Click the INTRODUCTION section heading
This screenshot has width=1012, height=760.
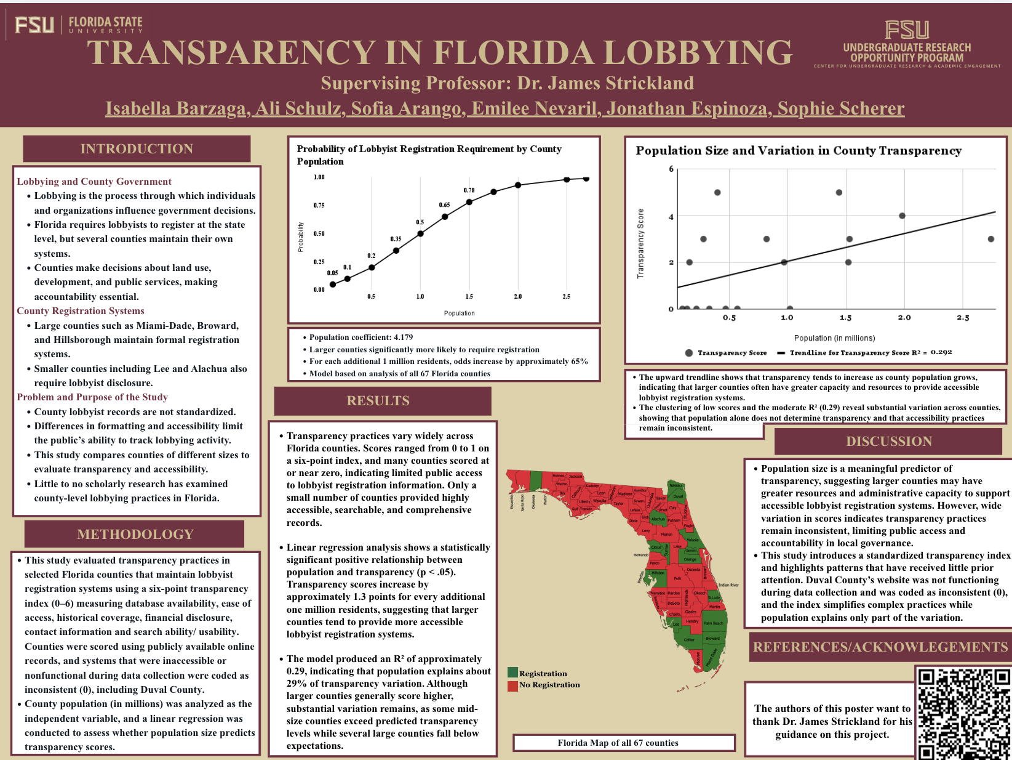(137, 149)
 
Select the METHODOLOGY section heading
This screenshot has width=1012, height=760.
(135, 535)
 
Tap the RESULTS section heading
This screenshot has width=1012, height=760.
(378, 401)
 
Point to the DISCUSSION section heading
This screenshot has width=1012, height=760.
(889, 442)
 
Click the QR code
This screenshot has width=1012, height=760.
(963, 713)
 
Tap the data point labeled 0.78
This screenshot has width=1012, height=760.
(469, 202)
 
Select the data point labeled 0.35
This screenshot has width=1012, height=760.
(396, 251)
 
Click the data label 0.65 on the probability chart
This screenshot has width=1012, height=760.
(444, 205)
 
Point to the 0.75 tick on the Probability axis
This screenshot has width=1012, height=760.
(319, 206)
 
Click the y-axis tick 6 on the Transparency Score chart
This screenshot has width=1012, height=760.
(671, 169)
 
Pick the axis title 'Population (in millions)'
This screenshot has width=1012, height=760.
(834, 338)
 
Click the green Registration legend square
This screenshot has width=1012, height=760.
(512, 673)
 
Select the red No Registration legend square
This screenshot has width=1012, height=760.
(512, 685)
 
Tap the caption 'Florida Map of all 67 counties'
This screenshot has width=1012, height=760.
(618, 743)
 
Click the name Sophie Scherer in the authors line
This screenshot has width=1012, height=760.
(840, 109)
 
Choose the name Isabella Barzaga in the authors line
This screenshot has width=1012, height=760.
(176, 109)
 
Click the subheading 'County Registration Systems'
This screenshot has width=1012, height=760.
(81, 311)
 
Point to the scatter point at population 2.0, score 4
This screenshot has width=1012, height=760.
(902, 216)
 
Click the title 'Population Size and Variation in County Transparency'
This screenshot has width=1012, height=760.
(798, 151)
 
